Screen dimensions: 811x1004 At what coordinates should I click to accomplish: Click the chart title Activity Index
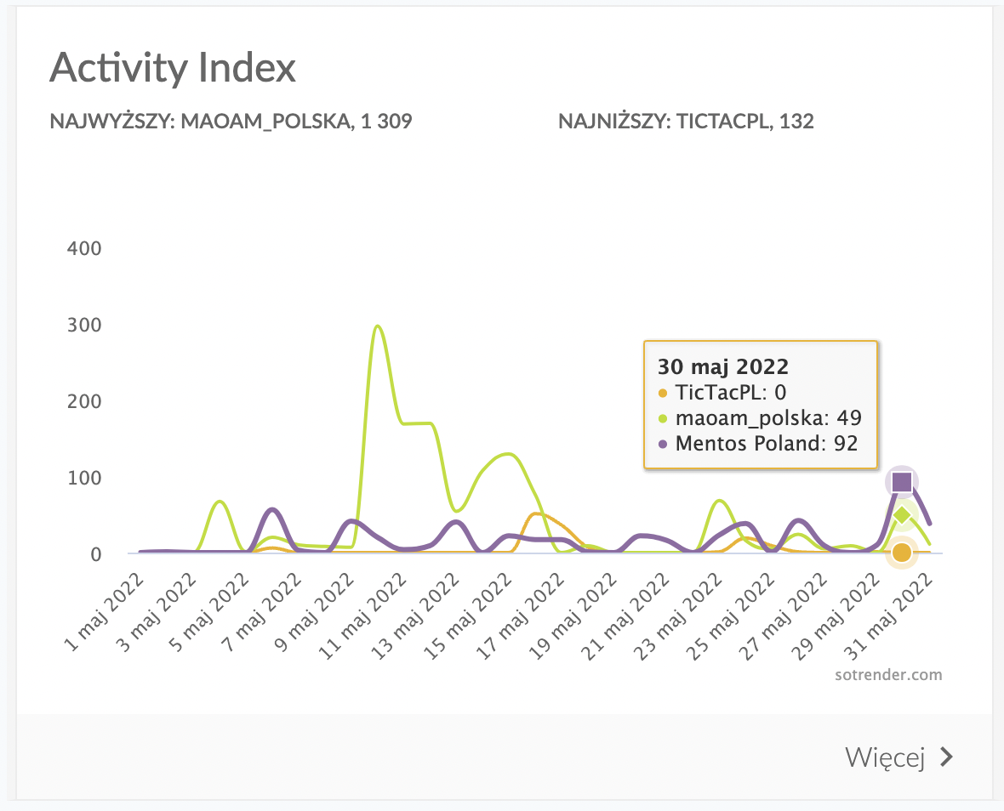pos(173,68)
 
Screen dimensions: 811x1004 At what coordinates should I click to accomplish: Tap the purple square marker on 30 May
pos(901,482)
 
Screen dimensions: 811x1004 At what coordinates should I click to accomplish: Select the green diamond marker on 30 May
pos(902,514)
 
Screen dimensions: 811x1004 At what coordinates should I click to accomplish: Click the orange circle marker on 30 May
pos(902,553)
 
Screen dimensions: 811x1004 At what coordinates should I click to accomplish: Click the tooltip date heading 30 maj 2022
pos(723,367)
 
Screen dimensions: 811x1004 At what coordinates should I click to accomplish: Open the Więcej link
pos(884,757)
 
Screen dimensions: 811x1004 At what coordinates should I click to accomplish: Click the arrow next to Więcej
pos(945,757)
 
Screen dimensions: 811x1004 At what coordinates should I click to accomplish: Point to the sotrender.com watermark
pos(887,675)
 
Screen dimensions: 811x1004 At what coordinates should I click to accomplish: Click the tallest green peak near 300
pos(376,326)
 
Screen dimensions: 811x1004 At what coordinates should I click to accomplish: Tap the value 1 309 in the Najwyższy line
pos(386,122)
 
